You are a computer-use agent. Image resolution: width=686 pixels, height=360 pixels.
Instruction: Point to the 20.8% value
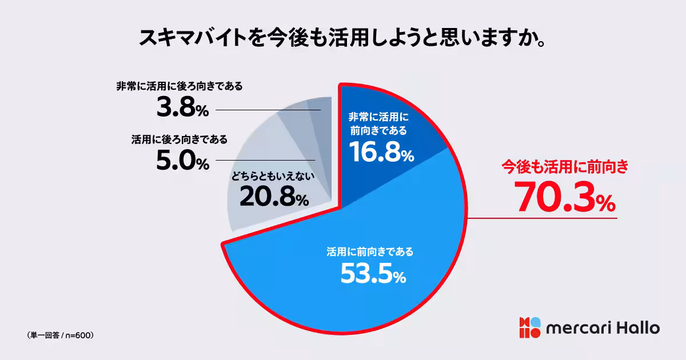[x=274, y=197]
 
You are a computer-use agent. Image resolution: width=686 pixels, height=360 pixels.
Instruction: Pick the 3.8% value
[x=182, y=109]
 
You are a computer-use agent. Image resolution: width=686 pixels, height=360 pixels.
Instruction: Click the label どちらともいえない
[x=273, y=177]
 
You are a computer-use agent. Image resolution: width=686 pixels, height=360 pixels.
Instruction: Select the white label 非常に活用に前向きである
[x=378, y=123]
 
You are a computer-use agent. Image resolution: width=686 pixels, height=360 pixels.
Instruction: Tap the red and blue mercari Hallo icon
[x=529, y=327]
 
